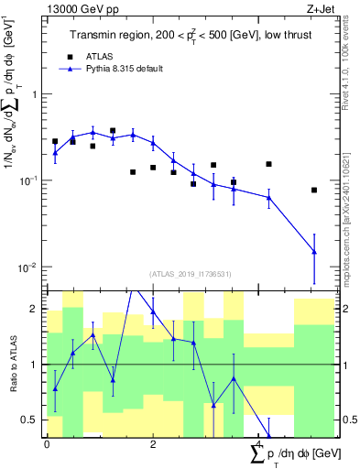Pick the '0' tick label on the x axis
coord(47,444)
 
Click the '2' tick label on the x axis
coord(153,444)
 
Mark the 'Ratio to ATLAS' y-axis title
coord(12,364)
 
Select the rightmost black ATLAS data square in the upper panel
coord(314,190)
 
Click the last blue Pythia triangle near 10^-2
coord(314,251)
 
